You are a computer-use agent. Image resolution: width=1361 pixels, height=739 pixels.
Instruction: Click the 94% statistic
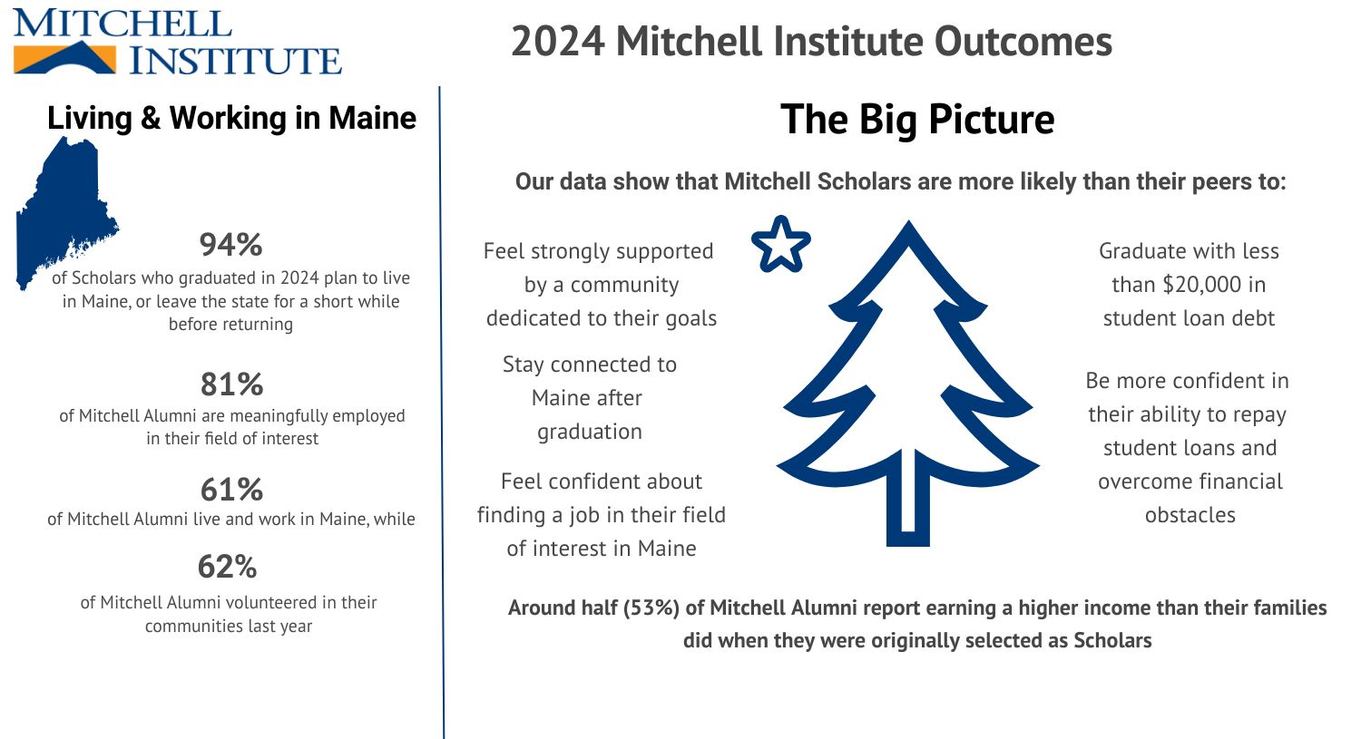(230, 245)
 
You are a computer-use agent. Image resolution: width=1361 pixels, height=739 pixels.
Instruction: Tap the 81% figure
(232, 384)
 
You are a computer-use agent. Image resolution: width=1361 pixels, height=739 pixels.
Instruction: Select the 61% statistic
(232, 490)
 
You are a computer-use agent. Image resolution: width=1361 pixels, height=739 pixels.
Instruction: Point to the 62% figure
(227, 567)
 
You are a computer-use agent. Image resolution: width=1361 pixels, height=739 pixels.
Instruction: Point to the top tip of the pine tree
(909, 221)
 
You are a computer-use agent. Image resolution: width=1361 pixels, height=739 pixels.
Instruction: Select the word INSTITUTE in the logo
(235, 60)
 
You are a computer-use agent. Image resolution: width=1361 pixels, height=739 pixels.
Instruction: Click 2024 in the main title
(558, 42)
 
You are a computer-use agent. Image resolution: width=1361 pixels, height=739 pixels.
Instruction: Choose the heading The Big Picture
(917, 119)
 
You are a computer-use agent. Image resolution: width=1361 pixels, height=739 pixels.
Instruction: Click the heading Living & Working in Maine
(231, 118)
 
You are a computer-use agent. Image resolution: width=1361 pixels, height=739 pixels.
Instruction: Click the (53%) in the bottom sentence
(651, 608)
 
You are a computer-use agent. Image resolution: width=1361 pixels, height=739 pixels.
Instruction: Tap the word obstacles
(1190, 515)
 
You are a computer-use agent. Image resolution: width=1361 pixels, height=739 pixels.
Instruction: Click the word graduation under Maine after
(590, 432)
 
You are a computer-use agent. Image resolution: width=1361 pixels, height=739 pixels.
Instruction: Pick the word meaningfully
(279, 416)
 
